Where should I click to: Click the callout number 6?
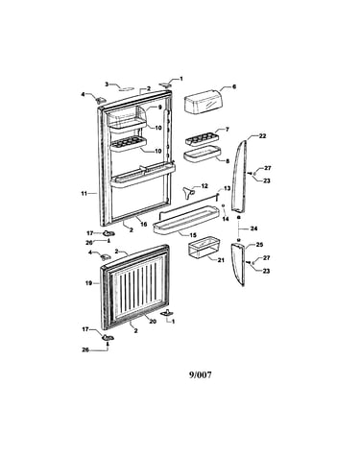click(234, 86)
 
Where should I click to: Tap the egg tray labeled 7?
click(203, 139)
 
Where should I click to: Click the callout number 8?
click(228, 161)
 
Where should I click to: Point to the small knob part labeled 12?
click(189, 193)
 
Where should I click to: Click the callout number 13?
click(227, 188)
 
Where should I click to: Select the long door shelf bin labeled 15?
click(186, 220)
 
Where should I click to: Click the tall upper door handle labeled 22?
click(240, 175)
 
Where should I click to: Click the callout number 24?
click(254, 228)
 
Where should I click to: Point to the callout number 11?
click(84, 193)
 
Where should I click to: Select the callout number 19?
click(88, 283)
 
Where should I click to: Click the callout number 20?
click(153, 321)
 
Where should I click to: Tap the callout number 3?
click(107, 84)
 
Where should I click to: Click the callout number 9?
click(160, 108)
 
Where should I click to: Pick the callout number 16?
click(144, 224)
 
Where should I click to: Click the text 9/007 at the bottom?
click(201, 374)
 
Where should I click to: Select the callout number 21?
click(221, 260)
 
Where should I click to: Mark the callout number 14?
click(226, 219)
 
